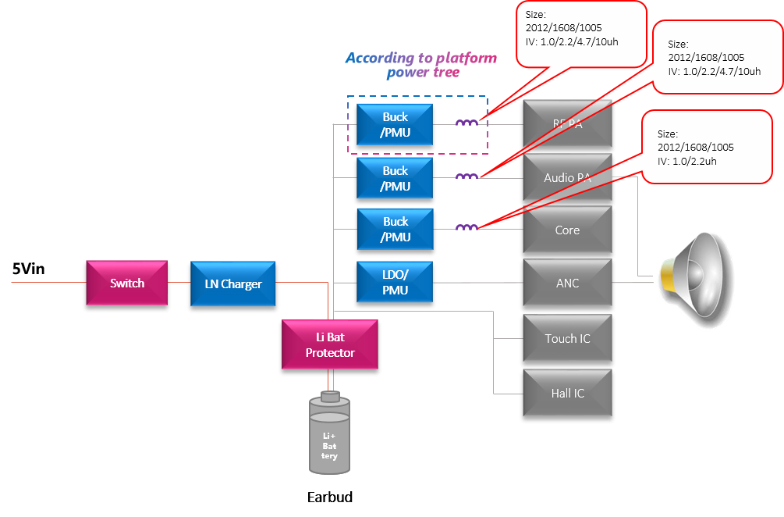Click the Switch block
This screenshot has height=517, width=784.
[126, 283]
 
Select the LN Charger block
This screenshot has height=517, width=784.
[233, 283]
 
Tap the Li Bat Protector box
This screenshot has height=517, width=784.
[329, 344]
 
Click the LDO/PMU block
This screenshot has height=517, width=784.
[395, 282]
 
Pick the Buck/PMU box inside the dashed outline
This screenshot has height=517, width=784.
[395, 123]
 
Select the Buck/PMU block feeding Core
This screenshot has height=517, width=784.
[395, 229]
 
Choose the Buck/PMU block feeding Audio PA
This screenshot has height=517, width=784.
[395, 178]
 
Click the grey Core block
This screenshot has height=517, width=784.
[567, 230]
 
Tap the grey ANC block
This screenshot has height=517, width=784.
[567, 283]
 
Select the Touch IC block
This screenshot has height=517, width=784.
[567, 338]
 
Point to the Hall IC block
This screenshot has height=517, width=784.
[567, 393]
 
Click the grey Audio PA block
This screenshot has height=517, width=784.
[567, 177]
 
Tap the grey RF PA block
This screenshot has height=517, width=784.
[567, 123]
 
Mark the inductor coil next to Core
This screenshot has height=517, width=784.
[466, 228]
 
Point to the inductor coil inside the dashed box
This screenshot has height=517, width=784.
[466, 123]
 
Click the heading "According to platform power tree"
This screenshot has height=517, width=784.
[421, 66]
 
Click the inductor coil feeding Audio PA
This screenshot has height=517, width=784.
[466, 176]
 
